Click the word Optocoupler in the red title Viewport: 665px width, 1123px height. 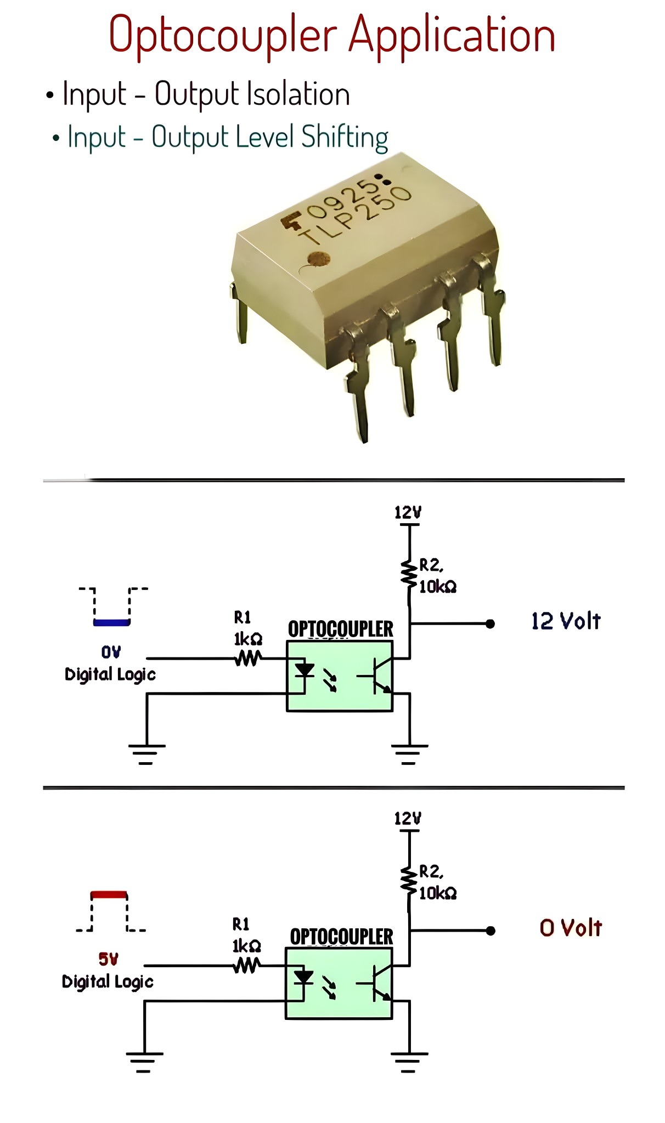pos(222,36)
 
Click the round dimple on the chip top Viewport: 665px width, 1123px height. pos(318,258)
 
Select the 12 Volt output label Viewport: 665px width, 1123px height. pos(566,621)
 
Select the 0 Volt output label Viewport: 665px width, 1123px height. pos(571,928)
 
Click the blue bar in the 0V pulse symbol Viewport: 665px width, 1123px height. pos(111,622)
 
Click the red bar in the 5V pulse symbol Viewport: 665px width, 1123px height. pos(109,895)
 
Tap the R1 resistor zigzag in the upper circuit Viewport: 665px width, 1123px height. pos(248,658)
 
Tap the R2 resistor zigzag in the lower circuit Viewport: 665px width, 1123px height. pos(409,881)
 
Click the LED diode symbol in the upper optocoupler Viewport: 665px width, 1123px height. pos(304,670)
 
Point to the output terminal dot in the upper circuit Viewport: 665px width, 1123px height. pos(491,623)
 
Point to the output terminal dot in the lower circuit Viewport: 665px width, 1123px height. pos(491,931)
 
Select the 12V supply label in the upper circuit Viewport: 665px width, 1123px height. pos(408,513)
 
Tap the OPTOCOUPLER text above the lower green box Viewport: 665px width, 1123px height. pos(341,937)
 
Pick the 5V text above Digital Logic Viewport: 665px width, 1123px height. pos(108,959)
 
